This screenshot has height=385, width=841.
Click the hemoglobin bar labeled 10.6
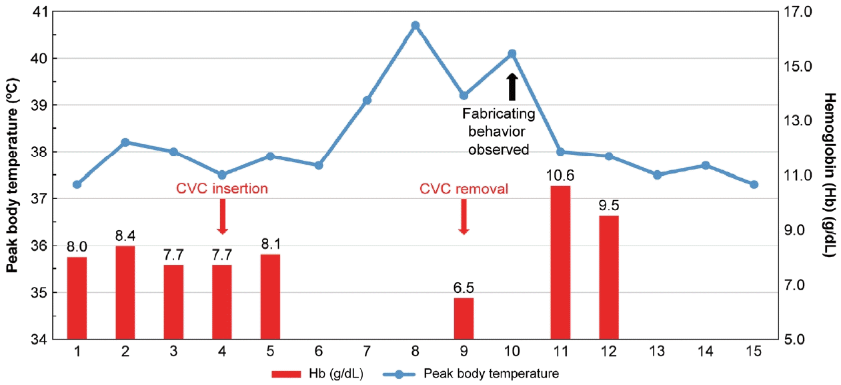coord(560,262)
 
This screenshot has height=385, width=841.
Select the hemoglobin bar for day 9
coord(464,318)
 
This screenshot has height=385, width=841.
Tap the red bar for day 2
coord(125,293)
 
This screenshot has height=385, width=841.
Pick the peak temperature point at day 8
coord(415,25)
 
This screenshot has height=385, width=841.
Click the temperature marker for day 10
coord(512,53)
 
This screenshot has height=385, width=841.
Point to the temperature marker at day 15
coord(754,184)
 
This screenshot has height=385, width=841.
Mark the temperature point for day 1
coord(77,184)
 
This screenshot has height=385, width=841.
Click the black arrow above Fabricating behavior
coord(512,87)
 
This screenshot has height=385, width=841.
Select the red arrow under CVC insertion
coord(223,216)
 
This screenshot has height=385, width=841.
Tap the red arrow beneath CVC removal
coord(464,216)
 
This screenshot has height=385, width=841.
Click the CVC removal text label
coord(464,189)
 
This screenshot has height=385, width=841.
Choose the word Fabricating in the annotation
coord(499,114)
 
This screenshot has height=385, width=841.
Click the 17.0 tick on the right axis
coord(798,11)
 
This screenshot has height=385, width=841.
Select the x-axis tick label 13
coord(657,351)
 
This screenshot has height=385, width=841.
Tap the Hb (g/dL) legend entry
coord(317,374)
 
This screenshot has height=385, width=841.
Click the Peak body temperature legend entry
coord(471,374)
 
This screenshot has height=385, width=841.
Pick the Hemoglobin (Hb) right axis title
coord(830,175)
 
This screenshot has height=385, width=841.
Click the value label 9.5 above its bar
coord(609,206)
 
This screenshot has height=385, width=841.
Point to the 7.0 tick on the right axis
coord(798,285)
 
